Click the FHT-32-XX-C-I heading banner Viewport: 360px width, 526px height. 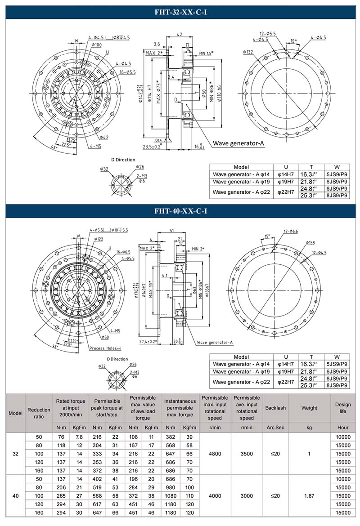point(180,13)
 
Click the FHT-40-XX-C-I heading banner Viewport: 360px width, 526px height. point(180,211)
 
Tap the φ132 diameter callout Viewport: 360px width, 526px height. point(248,52)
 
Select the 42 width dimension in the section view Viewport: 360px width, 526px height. point(179,34)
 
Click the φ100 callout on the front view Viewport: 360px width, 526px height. point(97,45)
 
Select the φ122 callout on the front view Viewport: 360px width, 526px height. point(99,239)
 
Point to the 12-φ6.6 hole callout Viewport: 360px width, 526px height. point(291,231)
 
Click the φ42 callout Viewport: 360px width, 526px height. point(103,137)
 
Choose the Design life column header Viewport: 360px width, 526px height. point(343,408)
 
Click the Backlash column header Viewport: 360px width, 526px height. point(275,408)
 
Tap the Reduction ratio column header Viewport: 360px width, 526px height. point(39,413)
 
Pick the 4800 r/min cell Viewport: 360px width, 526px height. point(216,454)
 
